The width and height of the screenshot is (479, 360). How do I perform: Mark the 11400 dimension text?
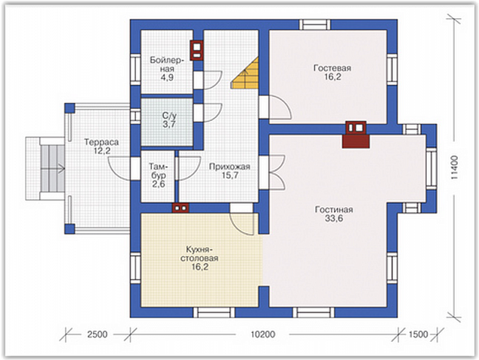coord(454,168)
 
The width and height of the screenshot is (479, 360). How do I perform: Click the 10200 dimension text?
coord(263,334)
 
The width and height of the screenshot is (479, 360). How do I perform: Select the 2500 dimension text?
coord(97,334)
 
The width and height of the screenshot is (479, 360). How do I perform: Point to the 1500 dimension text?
coord(419,334)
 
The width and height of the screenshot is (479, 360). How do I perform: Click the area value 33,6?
coord(334,219)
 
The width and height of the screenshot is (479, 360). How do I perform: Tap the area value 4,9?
coord(167,77)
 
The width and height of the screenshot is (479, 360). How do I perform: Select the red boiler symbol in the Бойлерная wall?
coord(196,51)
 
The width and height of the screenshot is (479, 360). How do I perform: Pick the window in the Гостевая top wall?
coord(314,24)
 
